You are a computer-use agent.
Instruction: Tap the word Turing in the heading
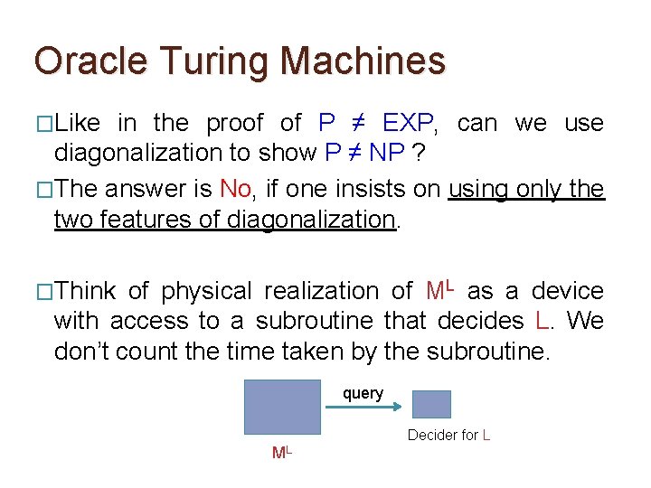tap(207, 61)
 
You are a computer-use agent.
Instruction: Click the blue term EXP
tap(410, 123)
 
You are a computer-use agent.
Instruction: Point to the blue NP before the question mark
tap(386, 153)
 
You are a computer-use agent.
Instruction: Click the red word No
tap(236, 189)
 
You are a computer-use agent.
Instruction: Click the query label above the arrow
tap(363, 394)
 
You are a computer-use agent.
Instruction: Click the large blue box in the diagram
tap(283, 408)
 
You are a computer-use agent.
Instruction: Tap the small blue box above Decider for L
tap(431, 404)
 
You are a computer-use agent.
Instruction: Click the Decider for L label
tap(448, 436)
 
